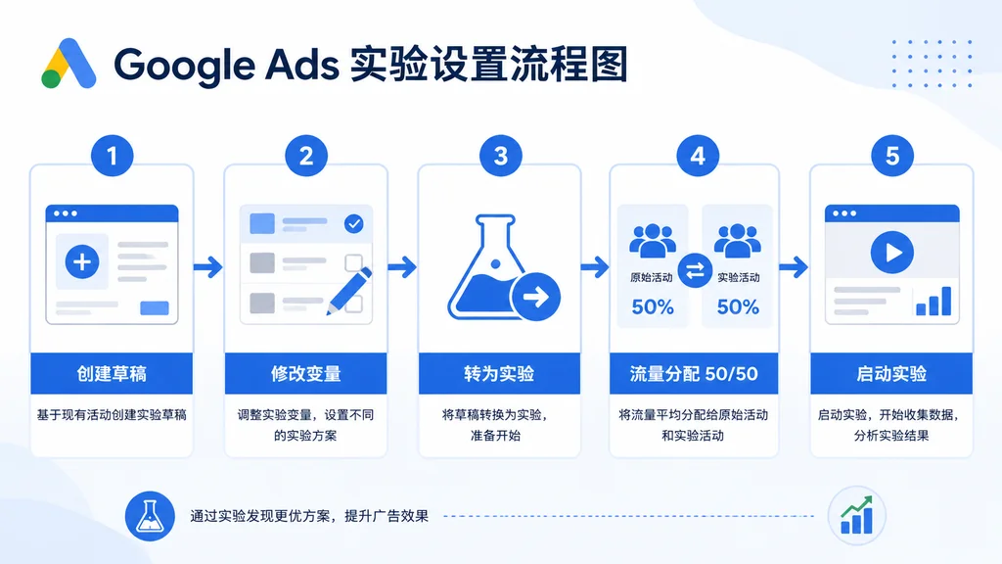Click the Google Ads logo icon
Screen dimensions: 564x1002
coord(68,65)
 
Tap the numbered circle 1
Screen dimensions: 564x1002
coord(112,155)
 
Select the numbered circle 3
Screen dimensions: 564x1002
coord(500,155)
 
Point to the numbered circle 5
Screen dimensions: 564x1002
coord(891,155)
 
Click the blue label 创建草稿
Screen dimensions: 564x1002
coord(112,374)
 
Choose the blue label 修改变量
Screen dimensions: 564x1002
coord(305,374)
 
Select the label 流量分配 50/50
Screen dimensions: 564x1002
coord(694,374)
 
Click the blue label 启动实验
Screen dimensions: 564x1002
coord(890,374)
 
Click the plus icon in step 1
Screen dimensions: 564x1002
coord(82,261)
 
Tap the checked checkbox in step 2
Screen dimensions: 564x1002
coord(353,224)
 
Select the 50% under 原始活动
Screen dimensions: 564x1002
coord(653,307)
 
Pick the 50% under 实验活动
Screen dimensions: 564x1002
coord(737,307)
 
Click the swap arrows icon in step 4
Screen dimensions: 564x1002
coord(695,272)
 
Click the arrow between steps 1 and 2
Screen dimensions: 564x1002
coord(207,266)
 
